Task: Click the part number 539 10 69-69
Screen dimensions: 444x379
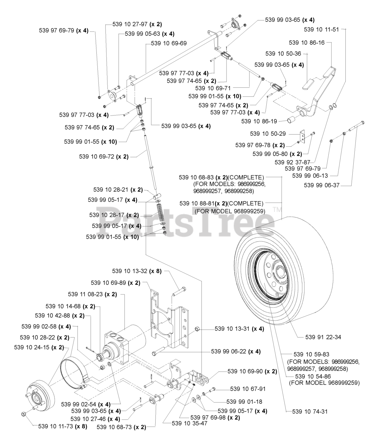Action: (169, 43)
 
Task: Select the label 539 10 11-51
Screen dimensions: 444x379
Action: (321, 29)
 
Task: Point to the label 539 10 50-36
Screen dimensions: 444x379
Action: (283, 54)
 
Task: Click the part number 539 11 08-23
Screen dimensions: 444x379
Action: (92, 294)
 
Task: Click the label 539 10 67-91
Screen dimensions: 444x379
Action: (247, 389)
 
